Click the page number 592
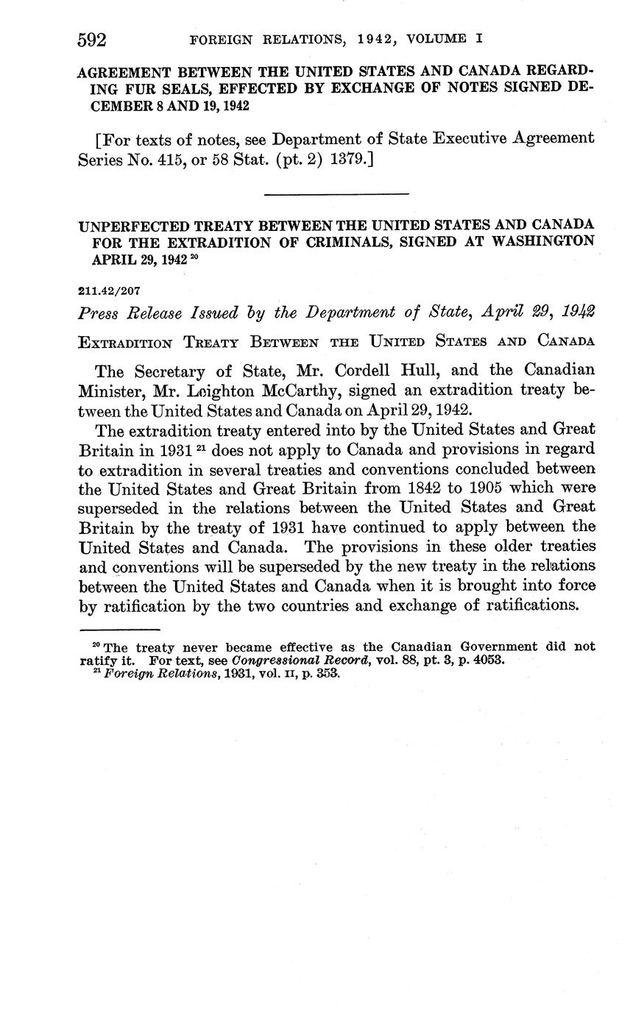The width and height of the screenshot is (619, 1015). (x=93, y=40)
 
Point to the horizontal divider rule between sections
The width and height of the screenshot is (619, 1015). (x=336, y=194)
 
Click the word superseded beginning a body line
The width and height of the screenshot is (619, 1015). (x=121, y=508)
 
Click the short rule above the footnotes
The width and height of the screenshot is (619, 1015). (x=119, y=630)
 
